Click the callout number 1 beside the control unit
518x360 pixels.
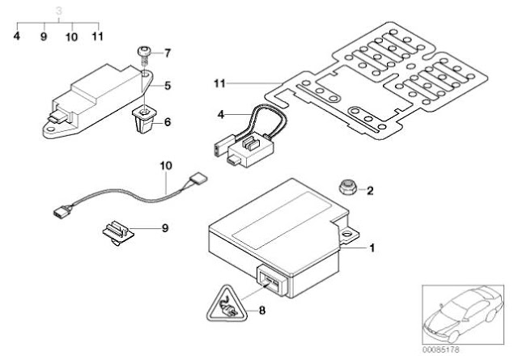point(372,248)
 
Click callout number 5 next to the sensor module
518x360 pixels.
point(168,85)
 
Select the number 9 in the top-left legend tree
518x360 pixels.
point(44,36)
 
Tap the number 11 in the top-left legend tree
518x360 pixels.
point(97,36)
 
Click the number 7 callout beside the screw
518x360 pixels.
point(168,53)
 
